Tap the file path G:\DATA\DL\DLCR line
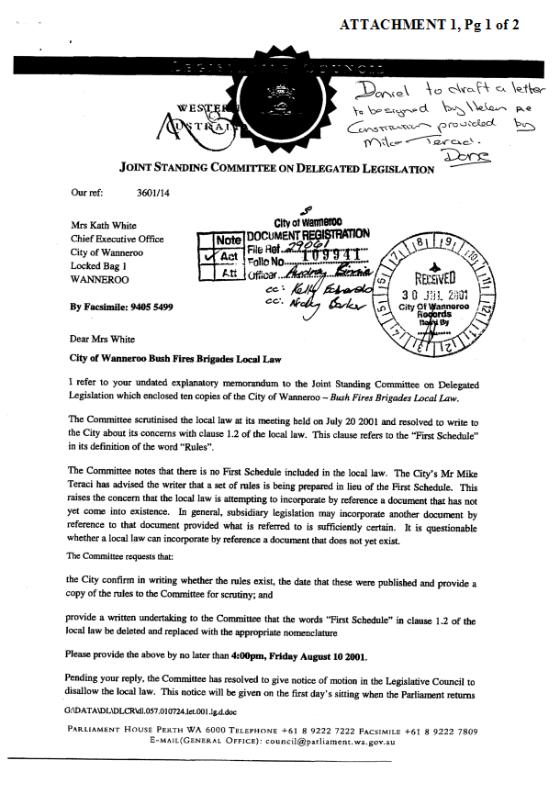click(x=151, y=711)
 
